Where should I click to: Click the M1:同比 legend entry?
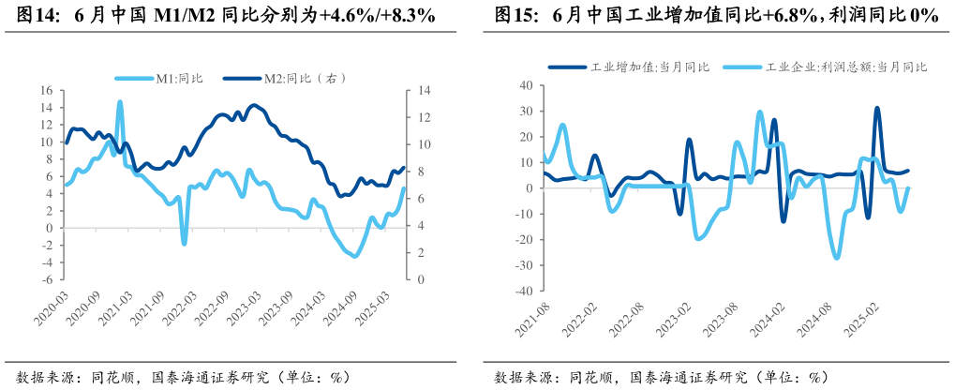coord(175,79)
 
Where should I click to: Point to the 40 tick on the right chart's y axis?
coord(526,85)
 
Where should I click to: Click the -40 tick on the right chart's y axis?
coord(523,292)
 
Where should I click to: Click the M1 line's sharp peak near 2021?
coord(120,101)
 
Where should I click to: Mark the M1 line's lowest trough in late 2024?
coord(353,256)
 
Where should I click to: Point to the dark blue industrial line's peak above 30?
coord(877,108)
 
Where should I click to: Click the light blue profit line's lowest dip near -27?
coord(837,258)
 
